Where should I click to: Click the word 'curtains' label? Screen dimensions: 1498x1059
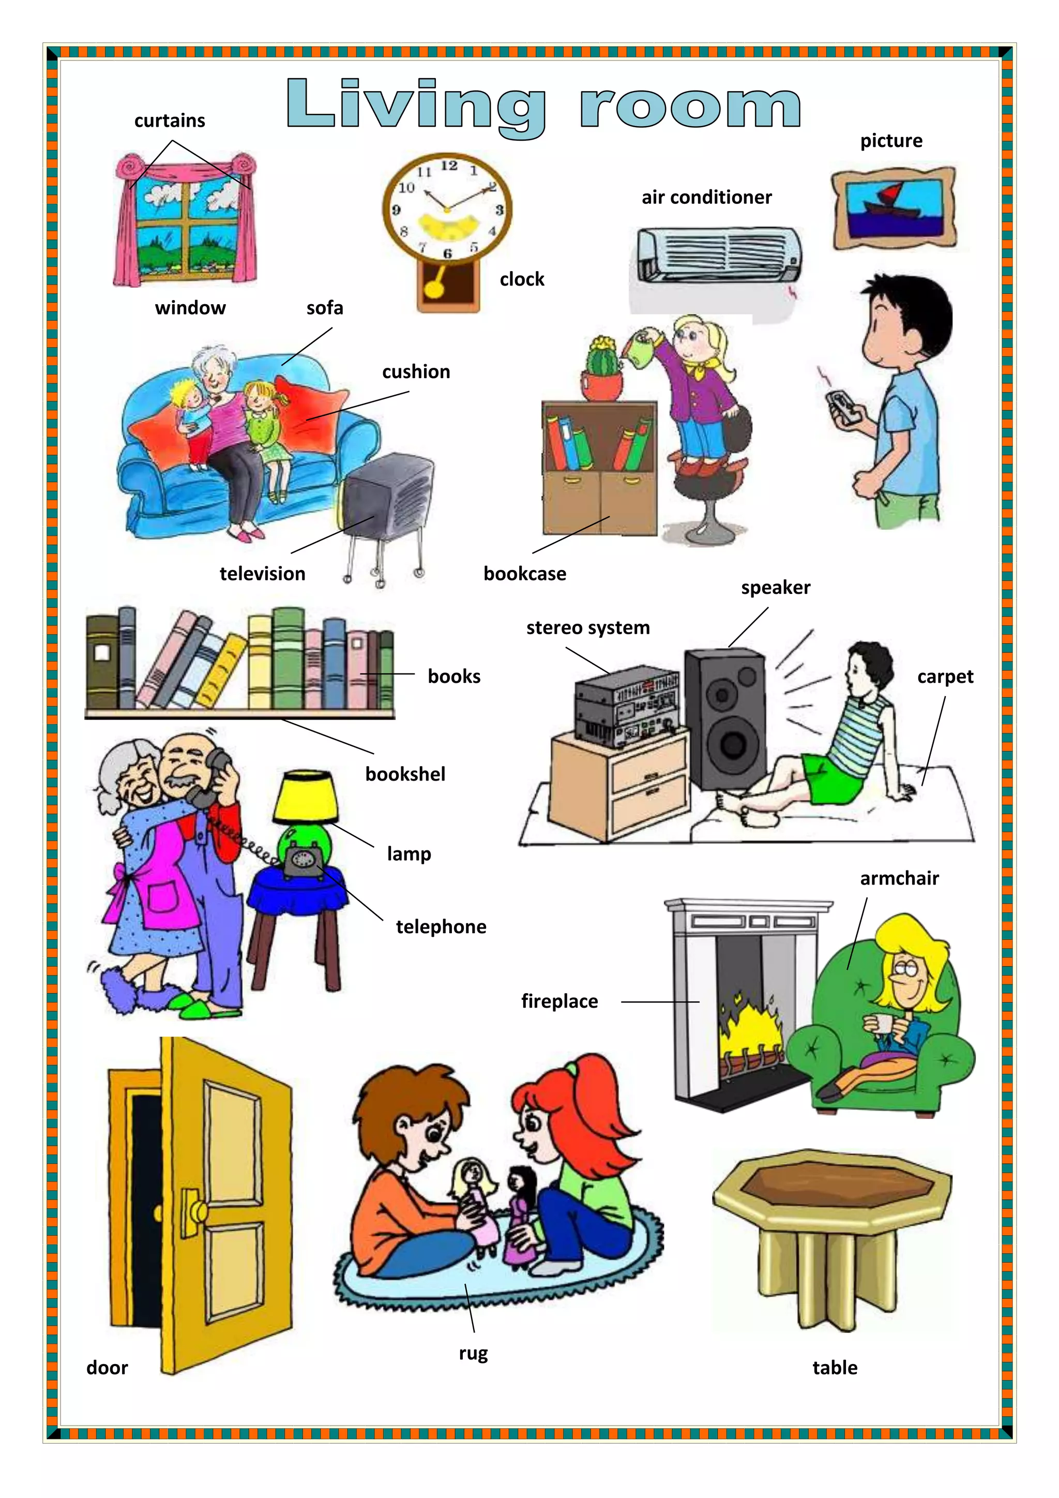(x=170, y=121)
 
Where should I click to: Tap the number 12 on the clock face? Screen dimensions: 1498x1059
(x=449, y=166)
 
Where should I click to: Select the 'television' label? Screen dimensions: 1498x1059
(x=262, y=574)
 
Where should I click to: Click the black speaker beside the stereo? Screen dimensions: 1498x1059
(x=725, y=717)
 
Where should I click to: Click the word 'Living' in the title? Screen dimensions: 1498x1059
(x=416, y=106)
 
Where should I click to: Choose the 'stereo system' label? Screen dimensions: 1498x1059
(x=587, y=627)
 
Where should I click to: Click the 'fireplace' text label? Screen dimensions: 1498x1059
(x=559, y=1001)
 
